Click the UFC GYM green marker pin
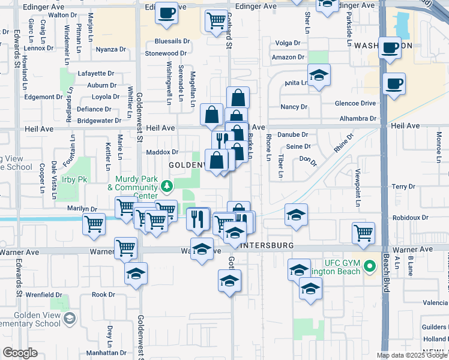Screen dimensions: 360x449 [371, 265]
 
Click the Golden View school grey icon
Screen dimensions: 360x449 [70, 317]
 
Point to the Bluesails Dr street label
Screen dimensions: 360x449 [172, 41]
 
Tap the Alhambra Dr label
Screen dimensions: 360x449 [357, 119]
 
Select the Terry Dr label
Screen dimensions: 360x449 [399, 187]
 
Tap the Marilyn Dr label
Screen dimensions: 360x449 [82, 209]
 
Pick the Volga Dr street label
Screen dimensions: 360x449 [287, 43]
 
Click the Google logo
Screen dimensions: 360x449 [20, 353]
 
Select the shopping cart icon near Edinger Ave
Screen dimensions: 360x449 [216, 22]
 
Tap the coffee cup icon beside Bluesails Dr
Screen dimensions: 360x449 [166, 13]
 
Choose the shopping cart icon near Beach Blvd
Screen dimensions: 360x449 [364, 232]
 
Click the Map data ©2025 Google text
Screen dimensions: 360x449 [412, 355]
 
